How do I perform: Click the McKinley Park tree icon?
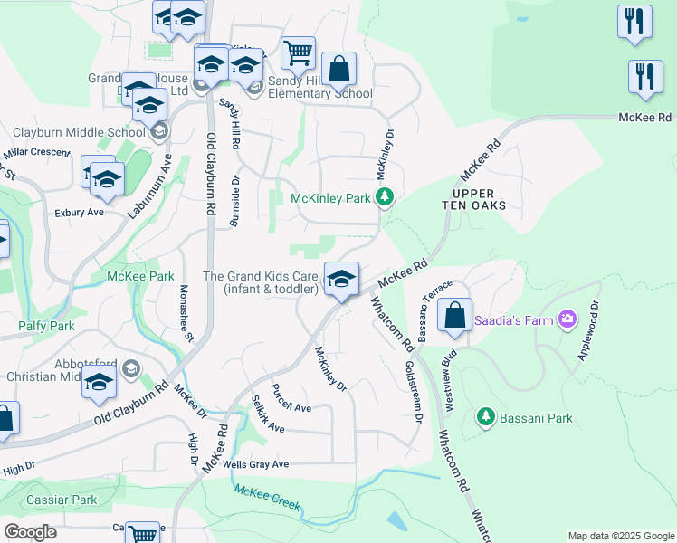386,196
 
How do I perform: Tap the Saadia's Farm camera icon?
567,318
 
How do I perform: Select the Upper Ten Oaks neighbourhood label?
480,199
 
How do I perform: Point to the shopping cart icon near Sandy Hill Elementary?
298,52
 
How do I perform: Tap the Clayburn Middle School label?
72,132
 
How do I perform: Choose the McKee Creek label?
267,497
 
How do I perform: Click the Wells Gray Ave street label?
256,464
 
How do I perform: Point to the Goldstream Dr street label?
413,392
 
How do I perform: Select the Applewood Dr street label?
586,329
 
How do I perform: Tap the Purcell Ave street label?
291,406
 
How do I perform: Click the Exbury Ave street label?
80,212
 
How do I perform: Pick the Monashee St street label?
186,314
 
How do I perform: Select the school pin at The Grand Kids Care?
341,278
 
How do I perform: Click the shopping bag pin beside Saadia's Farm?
454,316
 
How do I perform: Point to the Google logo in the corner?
30,532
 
